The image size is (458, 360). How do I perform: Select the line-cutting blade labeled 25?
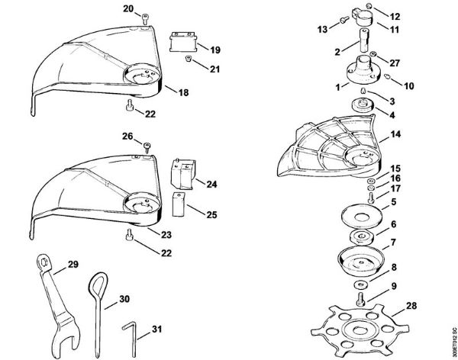179,204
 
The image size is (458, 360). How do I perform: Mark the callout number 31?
156,329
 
